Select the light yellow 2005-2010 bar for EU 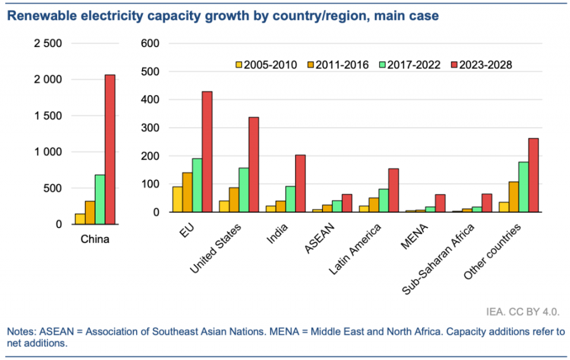point(177,200)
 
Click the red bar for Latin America point(393,190)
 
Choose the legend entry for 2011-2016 point(338,65)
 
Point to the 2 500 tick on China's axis point(48,43)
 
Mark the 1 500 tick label point(48,116)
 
